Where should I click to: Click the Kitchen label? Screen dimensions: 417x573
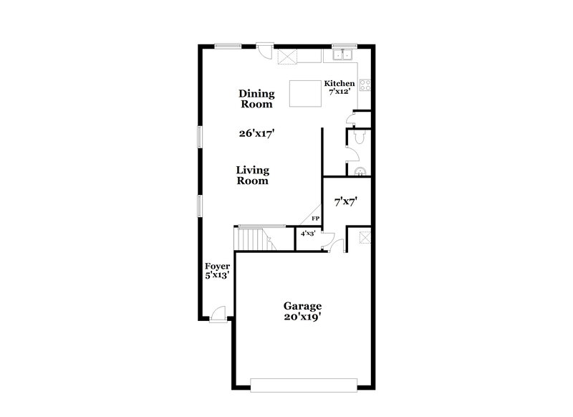(340, 83)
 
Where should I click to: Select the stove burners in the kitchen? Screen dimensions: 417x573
(364, 89)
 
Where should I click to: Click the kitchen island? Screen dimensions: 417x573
(304, 93)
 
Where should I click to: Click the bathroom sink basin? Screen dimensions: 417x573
(360, 170)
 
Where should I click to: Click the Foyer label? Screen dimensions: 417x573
(217, 266)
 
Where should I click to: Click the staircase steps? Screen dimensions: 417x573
(250, 237)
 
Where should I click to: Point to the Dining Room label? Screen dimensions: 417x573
(256, 98)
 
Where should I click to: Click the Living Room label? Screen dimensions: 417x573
(254, 176)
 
